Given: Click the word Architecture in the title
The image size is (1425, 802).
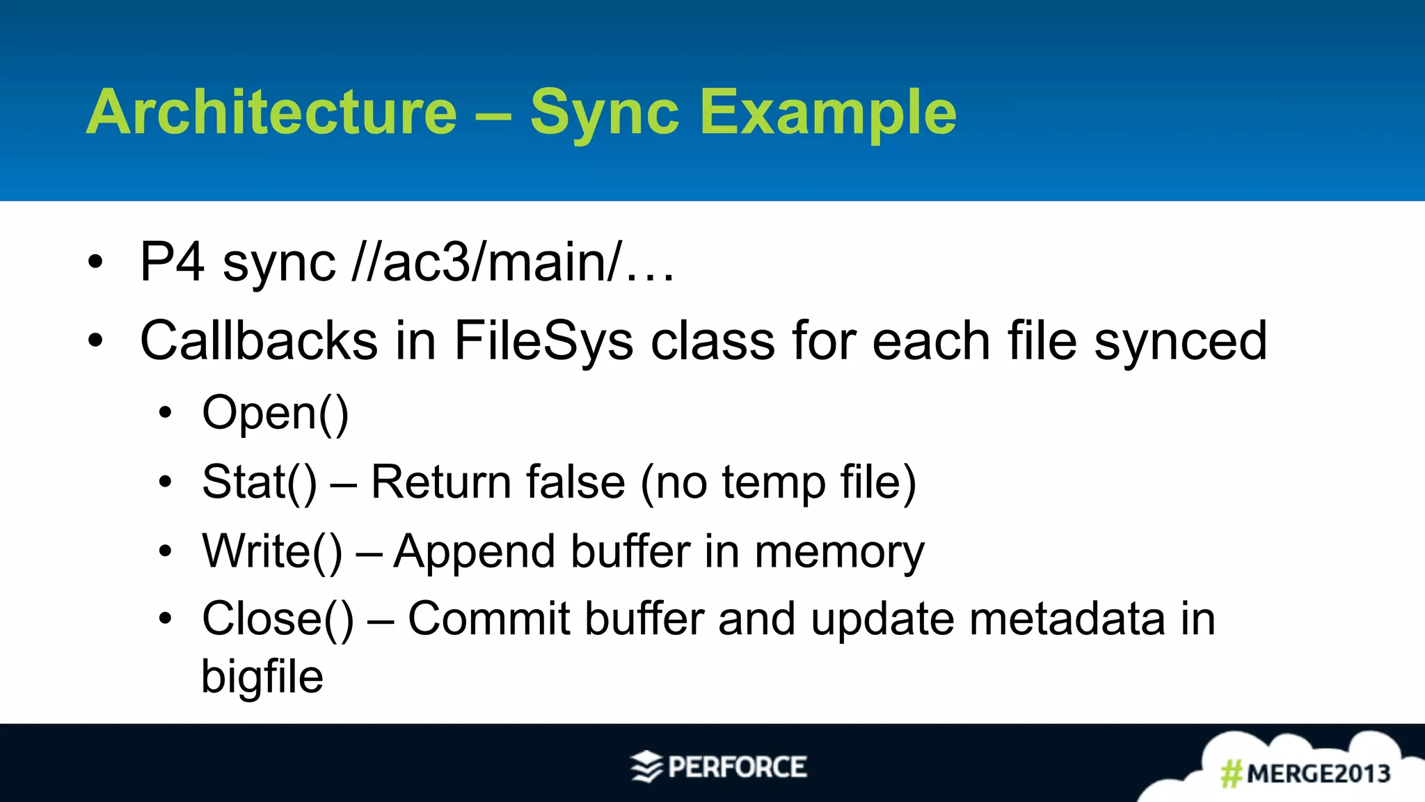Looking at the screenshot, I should [271, 113].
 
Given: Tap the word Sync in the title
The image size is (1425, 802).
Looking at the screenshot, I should [604, 113].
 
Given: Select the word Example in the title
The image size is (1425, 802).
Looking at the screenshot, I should [828, 113].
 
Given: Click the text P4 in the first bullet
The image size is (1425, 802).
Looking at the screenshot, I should [172, 262].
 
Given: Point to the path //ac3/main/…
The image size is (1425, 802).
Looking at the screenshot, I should [514, 262].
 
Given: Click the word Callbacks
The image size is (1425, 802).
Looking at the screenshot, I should [259, 340].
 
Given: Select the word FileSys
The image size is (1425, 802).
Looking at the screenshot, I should [543, 340].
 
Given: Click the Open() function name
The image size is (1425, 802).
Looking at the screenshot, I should [276, 413].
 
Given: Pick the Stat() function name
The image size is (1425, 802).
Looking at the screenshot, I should [259, 482].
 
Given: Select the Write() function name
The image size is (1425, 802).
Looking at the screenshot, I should [272, 551].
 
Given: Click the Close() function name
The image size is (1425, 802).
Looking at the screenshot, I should [278, 618].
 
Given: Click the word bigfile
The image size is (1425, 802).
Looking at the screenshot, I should [262, 677].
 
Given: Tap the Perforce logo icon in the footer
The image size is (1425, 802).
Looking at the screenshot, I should [646, 767].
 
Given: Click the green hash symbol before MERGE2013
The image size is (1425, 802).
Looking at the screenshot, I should [1232, 773].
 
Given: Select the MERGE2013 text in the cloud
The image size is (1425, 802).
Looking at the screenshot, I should [1319, 773].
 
